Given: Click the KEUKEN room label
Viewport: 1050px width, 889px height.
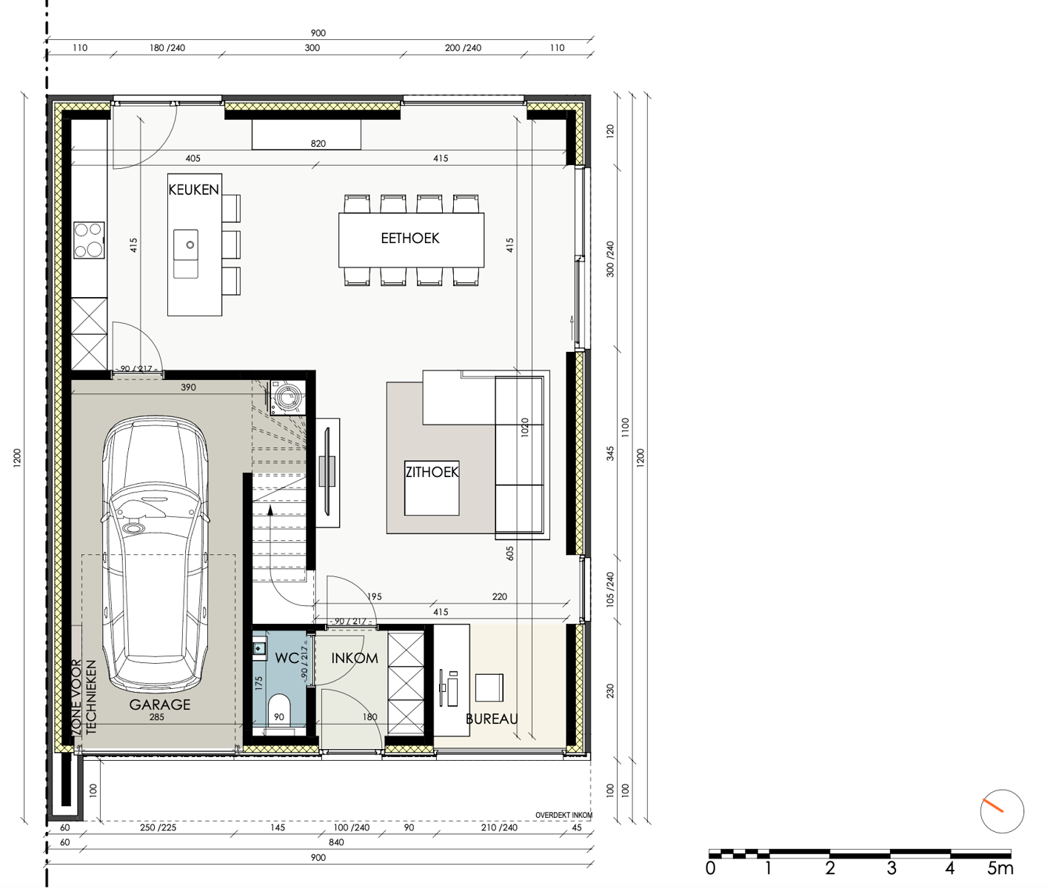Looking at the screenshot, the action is click(x=193, y=190).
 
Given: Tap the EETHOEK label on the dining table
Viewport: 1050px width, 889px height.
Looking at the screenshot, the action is click(x=410, y=239).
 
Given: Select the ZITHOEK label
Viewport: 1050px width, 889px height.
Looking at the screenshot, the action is click(x=432, y=472).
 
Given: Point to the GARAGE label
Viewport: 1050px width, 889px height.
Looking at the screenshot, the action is click(x=159, y=705).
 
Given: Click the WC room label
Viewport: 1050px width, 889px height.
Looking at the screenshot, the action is click(x=287, y=658).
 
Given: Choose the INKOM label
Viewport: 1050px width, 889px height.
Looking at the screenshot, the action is click(x=355, y=659).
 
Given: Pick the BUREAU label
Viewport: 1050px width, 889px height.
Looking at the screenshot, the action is click(x=492, y=719).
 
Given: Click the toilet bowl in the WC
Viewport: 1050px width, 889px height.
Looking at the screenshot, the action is click(x=279, y=710).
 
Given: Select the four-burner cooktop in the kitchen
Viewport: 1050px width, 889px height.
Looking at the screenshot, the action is click(x=89, y=240).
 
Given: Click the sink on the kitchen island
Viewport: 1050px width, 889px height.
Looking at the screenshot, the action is click(x=186, y=254).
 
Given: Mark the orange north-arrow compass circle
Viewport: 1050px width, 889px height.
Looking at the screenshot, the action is click(x=1002, y=811).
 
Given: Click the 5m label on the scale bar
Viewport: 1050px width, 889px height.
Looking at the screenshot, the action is click(x=1000, y=868).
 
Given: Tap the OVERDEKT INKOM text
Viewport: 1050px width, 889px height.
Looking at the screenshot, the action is click(x=564, y=816).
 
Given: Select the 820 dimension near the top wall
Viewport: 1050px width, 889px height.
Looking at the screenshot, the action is click(x=318, y=144).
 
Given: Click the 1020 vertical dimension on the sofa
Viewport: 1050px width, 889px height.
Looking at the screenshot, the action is click(x=525, y=427).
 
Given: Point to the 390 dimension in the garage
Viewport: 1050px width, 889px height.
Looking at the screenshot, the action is click(x=188, y=387).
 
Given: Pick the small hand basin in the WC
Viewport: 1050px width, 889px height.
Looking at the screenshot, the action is click(x=260, y=648).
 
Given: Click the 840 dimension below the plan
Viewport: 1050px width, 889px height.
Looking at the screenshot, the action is click(x=336, y=842).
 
